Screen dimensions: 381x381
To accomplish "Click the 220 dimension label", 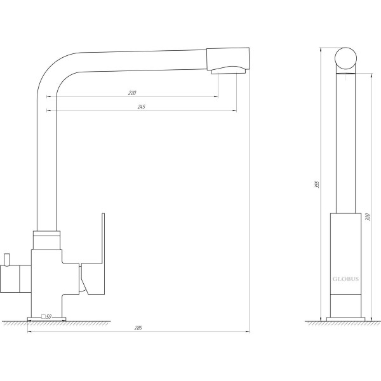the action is (132, 93).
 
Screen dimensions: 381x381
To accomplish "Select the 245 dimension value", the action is (142, 107).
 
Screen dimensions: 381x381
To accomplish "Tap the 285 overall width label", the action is (138, 328).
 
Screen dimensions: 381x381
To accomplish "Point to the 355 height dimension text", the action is (316, 184).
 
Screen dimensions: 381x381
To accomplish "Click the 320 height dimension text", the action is (368, 217).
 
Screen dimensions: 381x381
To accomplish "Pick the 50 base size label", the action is (49, 317).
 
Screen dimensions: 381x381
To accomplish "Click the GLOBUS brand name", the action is (345, 279).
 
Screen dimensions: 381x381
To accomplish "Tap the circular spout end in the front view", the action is (345, 58).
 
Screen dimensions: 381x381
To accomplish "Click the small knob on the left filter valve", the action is (7, 260).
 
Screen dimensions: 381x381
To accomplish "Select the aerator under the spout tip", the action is (229, 70).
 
